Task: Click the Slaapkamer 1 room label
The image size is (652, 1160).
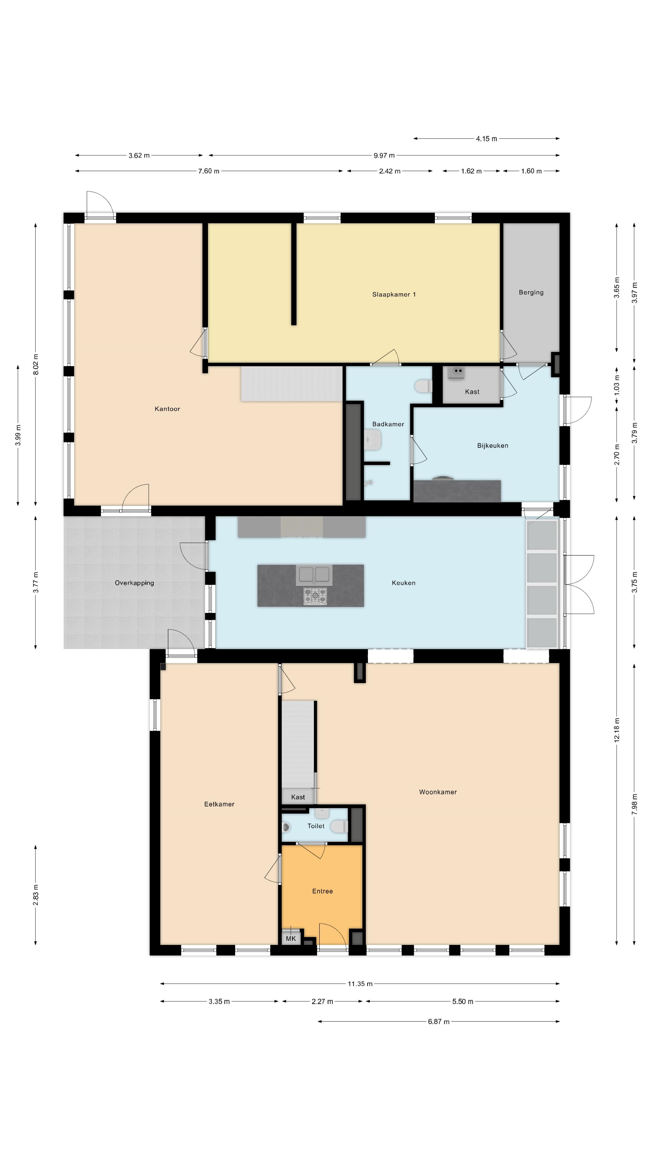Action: coord(394,295)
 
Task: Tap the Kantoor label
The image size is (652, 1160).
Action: coord(168,409)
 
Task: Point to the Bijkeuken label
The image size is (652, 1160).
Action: coord(493,446)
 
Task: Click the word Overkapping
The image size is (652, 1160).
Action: coord(135,583)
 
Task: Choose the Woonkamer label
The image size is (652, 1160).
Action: coord(438,792)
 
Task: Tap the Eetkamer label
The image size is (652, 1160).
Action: coord(219,804)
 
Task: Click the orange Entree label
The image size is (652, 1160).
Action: coord(323,891)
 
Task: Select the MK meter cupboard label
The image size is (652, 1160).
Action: coord(291,939)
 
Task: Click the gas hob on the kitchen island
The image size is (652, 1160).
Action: coord(315,596)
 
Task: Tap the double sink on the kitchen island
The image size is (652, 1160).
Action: coord(314,575)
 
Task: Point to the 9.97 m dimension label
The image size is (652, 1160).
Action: coord(384,155)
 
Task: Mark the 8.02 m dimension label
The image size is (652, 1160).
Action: coord(36,364)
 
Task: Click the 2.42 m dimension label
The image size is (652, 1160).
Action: coord(390,171)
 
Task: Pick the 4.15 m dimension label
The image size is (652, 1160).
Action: coord(486,139)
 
